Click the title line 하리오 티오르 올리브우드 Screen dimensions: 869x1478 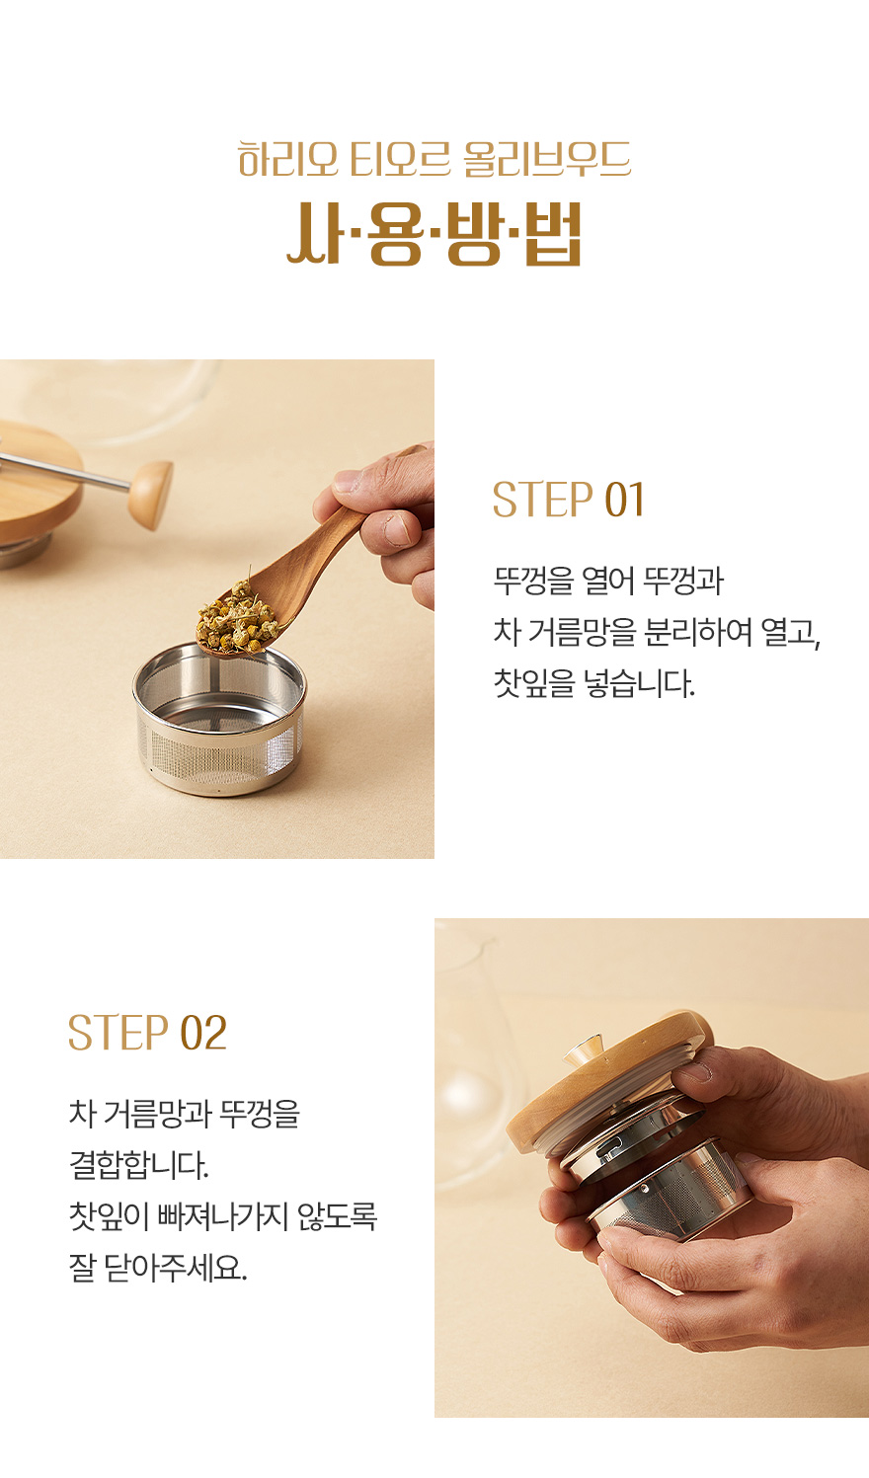tap(434, 159)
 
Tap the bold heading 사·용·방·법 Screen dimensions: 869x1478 tap(434, 234)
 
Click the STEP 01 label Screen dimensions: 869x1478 tap(568, 500)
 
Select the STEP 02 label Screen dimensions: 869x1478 tap(147, 1033)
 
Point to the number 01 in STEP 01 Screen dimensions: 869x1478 tap(624, 500)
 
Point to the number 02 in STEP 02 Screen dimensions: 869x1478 tap(203, 1033)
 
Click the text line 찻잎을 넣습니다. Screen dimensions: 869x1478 tap(593, 683)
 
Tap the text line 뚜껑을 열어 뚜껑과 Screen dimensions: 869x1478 tap(608, 581)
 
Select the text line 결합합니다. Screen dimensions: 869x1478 tap(138, 1165)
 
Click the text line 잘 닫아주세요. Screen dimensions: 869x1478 tap(158, 1267)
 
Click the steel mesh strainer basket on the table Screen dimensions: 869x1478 tap(219, 719)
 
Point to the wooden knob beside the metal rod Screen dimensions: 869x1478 tap(151, 495)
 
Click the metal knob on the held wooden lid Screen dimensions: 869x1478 tap(584, 1050)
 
